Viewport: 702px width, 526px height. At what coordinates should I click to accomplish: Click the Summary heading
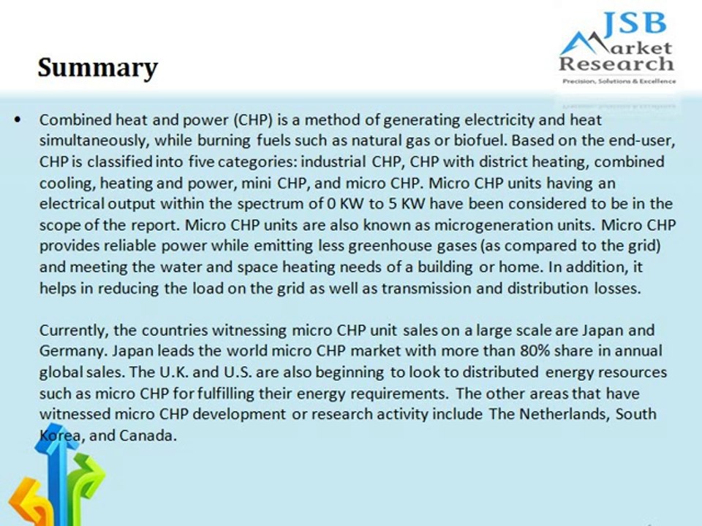point(97,68)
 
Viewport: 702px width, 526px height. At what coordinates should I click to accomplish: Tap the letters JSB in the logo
point(635,23)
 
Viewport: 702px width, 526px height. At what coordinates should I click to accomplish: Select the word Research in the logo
point(616,64)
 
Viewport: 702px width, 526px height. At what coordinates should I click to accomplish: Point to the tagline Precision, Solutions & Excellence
point(619,81)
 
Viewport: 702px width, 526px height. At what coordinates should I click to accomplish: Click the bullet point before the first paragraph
point(18,119)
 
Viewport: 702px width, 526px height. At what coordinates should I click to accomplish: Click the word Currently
point(71,330)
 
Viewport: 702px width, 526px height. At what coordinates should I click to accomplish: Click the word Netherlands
point(564,414)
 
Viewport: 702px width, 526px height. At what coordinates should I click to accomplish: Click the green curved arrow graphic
point(86,482)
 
